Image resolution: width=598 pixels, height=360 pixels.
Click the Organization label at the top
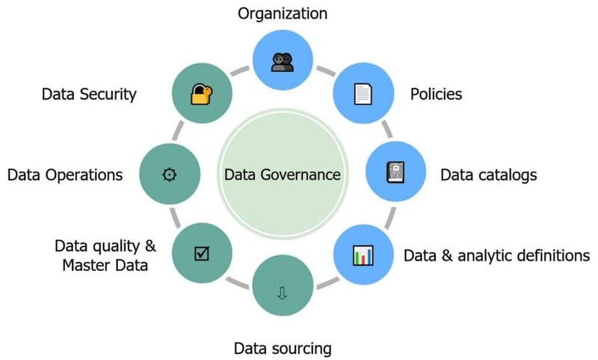coord(282,13)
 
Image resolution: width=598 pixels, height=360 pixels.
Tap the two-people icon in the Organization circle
coord(282,62)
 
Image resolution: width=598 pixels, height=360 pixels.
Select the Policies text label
coord(436,95)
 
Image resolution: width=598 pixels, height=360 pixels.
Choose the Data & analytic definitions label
coord(497,255)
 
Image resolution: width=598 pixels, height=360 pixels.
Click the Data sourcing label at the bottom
coord(282,348)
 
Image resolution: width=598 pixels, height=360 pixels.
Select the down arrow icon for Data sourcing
coord(282,293)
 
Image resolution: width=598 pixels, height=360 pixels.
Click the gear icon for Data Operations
coord(170,174)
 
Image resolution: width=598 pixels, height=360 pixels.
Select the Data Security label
coord(89,95)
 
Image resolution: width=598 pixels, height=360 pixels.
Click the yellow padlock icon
coord(200,94)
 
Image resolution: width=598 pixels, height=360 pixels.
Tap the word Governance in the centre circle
coord(305,175)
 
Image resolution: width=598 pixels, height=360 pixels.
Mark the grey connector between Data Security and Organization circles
coord(241,71)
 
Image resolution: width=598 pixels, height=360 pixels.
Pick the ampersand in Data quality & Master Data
coord(134,245)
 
